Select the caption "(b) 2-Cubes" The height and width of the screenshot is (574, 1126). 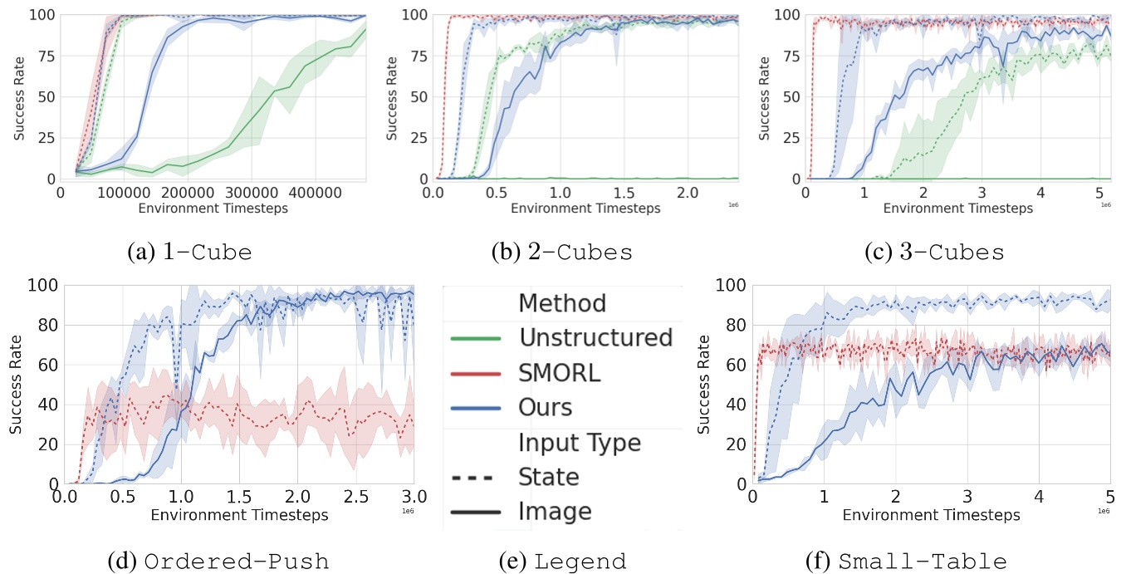pos(561,253)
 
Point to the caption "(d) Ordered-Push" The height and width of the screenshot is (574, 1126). pos(218,562)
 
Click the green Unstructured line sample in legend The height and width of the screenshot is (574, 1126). pos(475,338)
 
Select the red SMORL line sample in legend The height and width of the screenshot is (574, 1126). pos(475,374)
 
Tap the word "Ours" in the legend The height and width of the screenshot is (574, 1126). pos(546,407)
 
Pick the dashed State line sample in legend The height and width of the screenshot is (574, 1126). pos(475,478)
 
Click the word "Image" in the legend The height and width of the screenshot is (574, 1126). pos(555,512)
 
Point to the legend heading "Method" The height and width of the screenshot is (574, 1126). pos(562,303)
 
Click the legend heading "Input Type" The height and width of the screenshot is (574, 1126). pos(580,443)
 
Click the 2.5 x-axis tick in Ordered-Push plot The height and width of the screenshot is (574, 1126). pos(355,498)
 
